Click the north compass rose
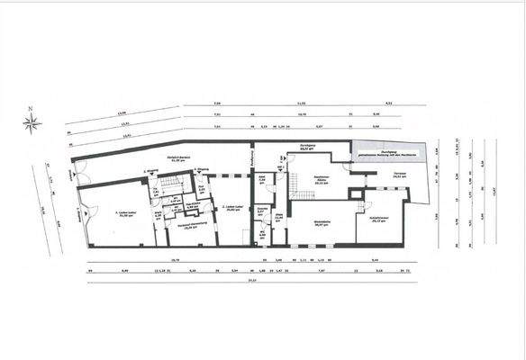33,123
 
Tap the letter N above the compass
32,110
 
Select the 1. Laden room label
124,213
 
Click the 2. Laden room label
228,208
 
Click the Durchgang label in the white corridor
306,148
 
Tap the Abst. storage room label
261,180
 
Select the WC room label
261,236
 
